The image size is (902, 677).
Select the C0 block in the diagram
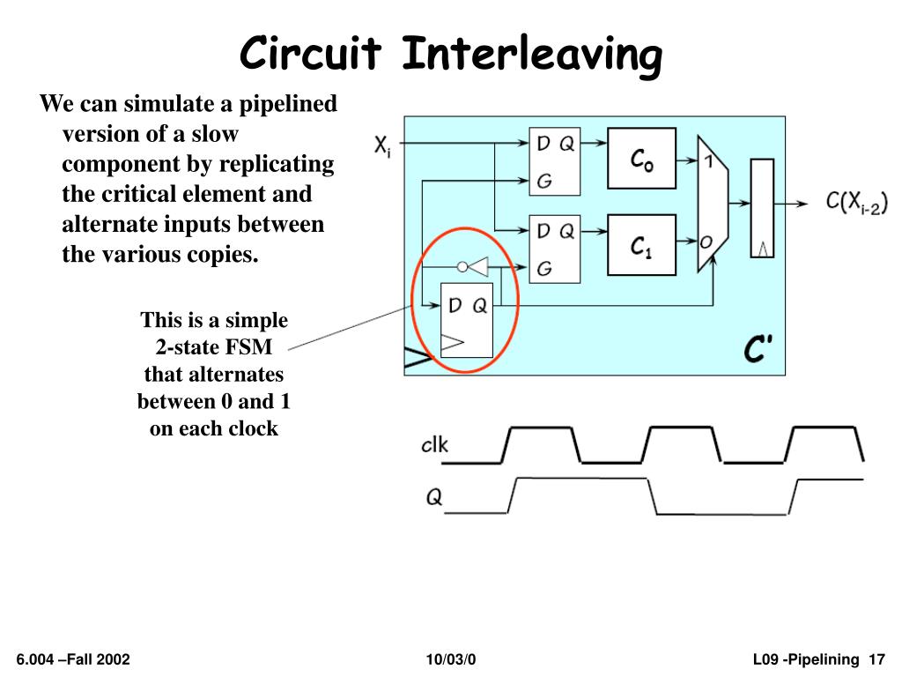coord(641,159)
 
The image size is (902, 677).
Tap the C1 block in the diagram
coord(641,246)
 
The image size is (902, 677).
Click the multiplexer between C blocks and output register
coord(711,204)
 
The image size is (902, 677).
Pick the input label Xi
coord(382,145)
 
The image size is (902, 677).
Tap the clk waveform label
coord(434,444)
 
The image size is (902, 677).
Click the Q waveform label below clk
coord(434,498)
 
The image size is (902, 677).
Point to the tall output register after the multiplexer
coord(762,208)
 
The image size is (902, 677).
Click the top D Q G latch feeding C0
coord(555,161)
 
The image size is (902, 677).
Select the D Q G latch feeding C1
coord(555,249)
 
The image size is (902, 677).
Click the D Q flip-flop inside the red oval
coord(467,321)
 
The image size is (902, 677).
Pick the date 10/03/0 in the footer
coord(450,659)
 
